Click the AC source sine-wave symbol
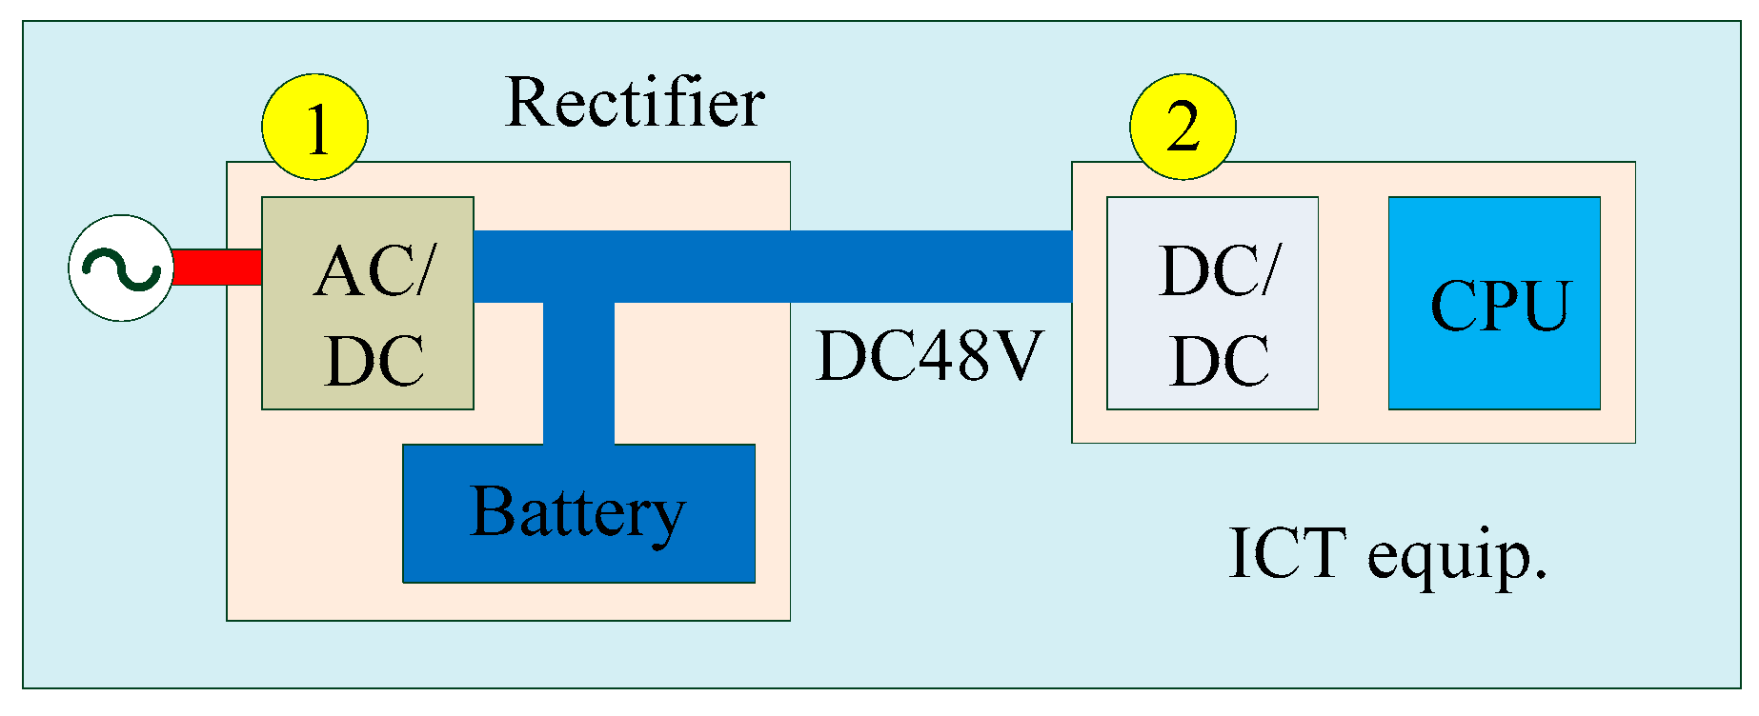(x=121, y=268)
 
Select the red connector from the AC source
(x=217, y=268)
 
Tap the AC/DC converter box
(x=367, y=304)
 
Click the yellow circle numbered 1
(x=314, y=127)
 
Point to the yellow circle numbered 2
(x=1183, y=127)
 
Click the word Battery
(x=577, y=513)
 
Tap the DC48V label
(x=929, y=355)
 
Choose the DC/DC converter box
(x=1212, y=304)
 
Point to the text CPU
(x=1500, y=306)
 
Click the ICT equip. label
(x=1387, y=553)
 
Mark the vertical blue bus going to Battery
(x=578, y=373)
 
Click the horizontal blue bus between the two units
(x=858, y=267)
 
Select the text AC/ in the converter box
(x=374, y=271)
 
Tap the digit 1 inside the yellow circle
(x=317, y=129)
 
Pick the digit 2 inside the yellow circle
(x=1183, y=127)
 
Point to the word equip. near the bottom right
(x=1458, y=557)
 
